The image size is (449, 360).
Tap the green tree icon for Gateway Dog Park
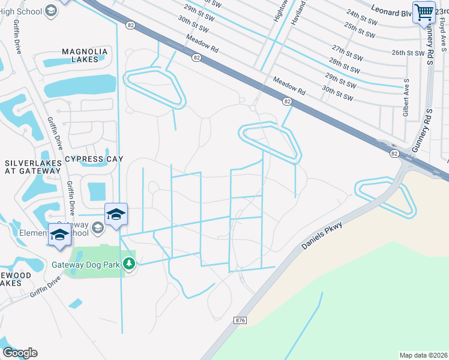coord(128,263)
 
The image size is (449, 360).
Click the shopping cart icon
coord(424,11)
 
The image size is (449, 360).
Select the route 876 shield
coord(241,321)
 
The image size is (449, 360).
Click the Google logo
coord(20,353)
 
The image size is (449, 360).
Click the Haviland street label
coord(300,12)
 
